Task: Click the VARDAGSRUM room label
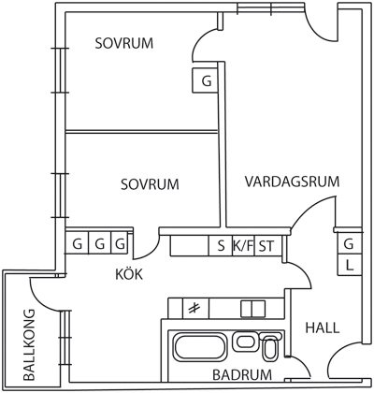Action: pyautogui.click(x=292, y=182)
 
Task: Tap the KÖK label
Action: pyautogui.click(x=129, y=274)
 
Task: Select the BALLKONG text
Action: pyautogui.click(x=29, y=344)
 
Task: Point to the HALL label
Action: pyautogui.click(x=323, y=327)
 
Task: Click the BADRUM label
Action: pyautogui.click(x=242, y=374)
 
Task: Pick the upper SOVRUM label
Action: pyautogui.click(x=124, y=43)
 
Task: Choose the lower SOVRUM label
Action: pyautogui.click(x=150, y=184)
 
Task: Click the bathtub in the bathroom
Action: pyautogui.click(x=200, y=347)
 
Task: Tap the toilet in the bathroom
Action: pyautogui.click(x=269, y=346)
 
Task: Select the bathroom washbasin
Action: pyautogui.click(x=246, y=341)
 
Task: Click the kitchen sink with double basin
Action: pyautogui.click(x=252, y=309)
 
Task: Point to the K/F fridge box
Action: pyautogui.click(x=243, y=246)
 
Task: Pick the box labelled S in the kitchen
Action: pyautogui.click(x=221, y=246)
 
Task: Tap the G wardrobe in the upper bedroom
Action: pyautogui.click(x=205, y=80)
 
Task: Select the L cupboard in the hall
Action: pyautogui.click(x=350, y=266)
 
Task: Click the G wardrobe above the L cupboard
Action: pyautogui.click(x=350, y=244)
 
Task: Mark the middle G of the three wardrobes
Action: pyautogui.click(x=100, y=243)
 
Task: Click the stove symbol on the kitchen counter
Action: pyautogui.click(x=195, y=309)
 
